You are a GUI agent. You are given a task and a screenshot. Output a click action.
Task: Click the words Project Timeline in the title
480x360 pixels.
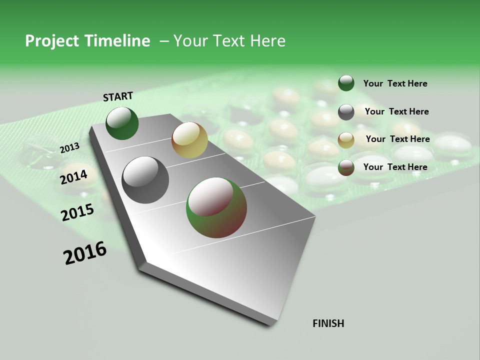87,41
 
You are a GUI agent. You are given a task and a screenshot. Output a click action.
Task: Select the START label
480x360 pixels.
118,96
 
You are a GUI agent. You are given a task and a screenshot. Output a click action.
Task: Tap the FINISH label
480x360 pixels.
328,323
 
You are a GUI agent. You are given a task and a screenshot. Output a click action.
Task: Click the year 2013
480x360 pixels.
69,148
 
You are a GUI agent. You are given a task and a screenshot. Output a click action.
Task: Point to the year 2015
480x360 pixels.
77,212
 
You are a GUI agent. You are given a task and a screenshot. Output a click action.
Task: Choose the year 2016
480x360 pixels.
85,253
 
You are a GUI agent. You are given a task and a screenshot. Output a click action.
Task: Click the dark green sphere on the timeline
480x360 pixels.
122,123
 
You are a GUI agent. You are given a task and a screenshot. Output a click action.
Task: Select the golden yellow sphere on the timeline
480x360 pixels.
189,140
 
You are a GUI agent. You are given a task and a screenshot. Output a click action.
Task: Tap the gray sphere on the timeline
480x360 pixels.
145,180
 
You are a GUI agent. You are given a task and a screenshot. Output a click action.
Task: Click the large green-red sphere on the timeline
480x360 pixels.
216,207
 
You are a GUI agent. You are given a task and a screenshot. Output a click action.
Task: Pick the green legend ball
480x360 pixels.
346,83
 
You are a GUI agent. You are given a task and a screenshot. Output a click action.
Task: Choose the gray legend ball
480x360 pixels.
346,112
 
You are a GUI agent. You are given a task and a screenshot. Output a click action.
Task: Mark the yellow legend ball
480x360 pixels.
346,140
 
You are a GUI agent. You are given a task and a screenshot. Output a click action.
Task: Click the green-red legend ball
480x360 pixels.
346,167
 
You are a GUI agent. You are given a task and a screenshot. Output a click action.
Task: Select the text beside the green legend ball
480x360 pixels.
395,84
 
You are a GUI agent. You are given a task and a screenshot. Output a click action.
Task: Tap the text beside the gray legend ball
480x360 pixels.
396,111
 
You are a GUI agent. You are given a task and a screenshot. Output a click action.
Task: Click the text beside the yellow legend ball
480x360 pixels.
397,139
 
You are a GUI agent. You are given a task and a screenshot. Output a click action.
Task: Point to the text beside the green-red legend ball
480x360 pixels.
395,167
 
